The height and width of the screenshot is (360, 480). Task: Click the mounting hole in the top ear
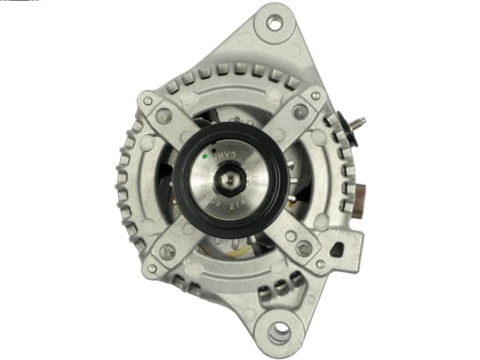point(275,22)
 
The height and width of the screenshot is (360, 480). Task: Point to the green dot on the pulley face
point(217,152)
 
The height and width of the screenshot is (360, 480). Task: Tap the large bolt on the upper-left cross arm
point(165,116)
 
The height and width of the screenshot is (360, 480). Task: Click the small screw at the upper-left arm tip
point(148,100)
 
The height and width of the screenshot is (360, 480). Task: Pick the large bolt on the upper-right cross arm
point(300,112)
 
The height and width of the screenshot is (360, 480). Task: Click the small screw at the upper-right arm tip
point(316,96)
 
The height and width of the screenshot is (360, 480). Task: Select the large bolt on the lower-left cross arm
point(168,250)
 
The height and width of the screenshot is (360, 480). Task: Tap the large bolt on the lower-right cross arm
point(304,248)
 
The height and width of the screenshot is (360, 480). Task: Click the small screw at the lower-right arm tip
point(321,264)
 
